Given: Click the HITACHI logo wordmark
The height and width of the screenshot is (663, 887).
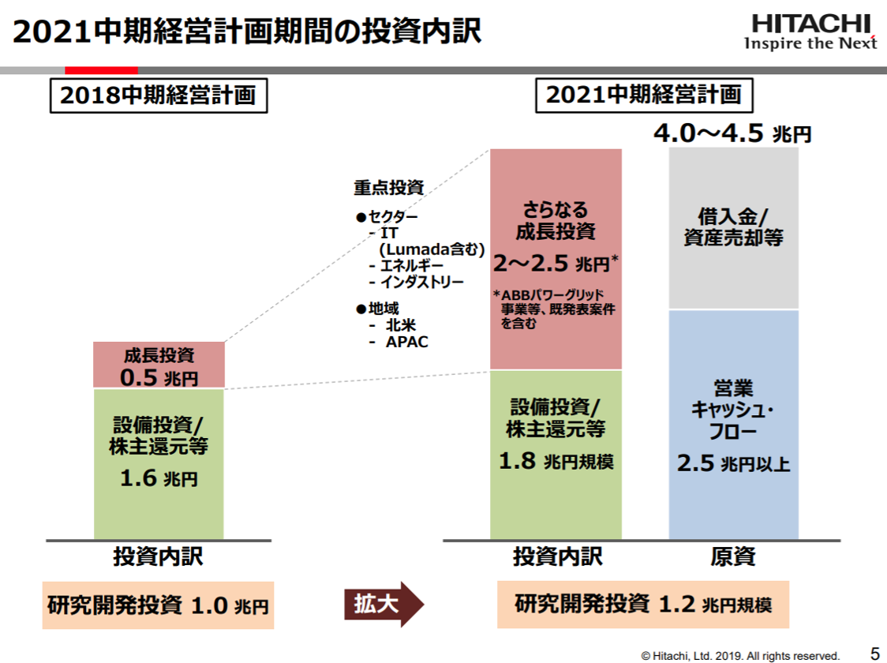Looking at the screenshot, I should pyautogui.click(x=810, y=24).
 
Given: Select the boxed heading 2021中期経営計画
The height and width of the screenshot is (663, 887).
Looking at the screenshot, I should pyautogui.click(x=644, y=95).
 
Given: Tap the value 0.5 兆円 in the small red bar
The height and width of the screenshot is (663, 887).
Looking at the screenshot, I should pyautogui.click(x=159, y=377).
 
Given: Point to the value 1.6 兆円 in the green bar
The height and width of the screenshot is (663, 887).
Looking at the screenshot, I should pyautogui.click(x=159, y=478).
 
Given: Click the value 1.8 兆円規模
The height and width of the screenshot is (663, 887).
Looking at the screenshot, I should pyautogui.click(x=556, y=461).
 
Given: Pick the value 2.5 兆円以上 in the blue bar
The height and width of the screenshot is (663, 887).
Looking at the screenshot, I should pyautogui.click(x=733, y=463).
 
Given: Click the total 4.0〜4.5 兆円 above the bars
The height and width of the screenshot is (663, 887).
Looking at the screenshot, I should pyautogui.click(x=732, y=133).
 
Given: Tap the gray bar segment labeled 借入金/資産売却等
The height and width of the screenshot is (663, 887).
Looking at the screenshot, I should pyautogui.click(x=733, y=227).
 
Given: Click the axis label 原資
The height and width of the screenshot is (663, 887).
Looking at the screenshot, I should pyautogui.click(x=733, y=557).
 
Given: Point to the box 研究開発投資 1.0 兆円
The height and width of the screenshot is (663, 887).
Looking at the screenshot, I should pyautogui.click(x=158, y=606).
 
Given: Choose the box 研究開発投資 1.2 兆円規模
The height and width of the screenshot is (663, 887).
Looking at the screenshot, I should pyautogui.click(x=642, y=605).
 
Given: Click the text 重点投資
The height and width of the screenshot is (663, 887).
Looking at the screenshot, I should pyautogui.click(x=388, y=188).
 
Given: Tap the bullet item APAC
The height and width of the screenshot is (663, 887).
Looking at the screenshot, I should pyautogui.click(x=406, y=342).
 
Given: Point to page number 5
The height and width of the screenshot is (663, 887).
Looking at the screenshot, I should pyautogui.click(x=874, y=653).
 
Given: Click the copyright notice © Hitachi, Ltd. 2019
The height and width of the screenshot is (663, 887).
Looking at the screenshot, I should pyautogui.click(x=740, y=655).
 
